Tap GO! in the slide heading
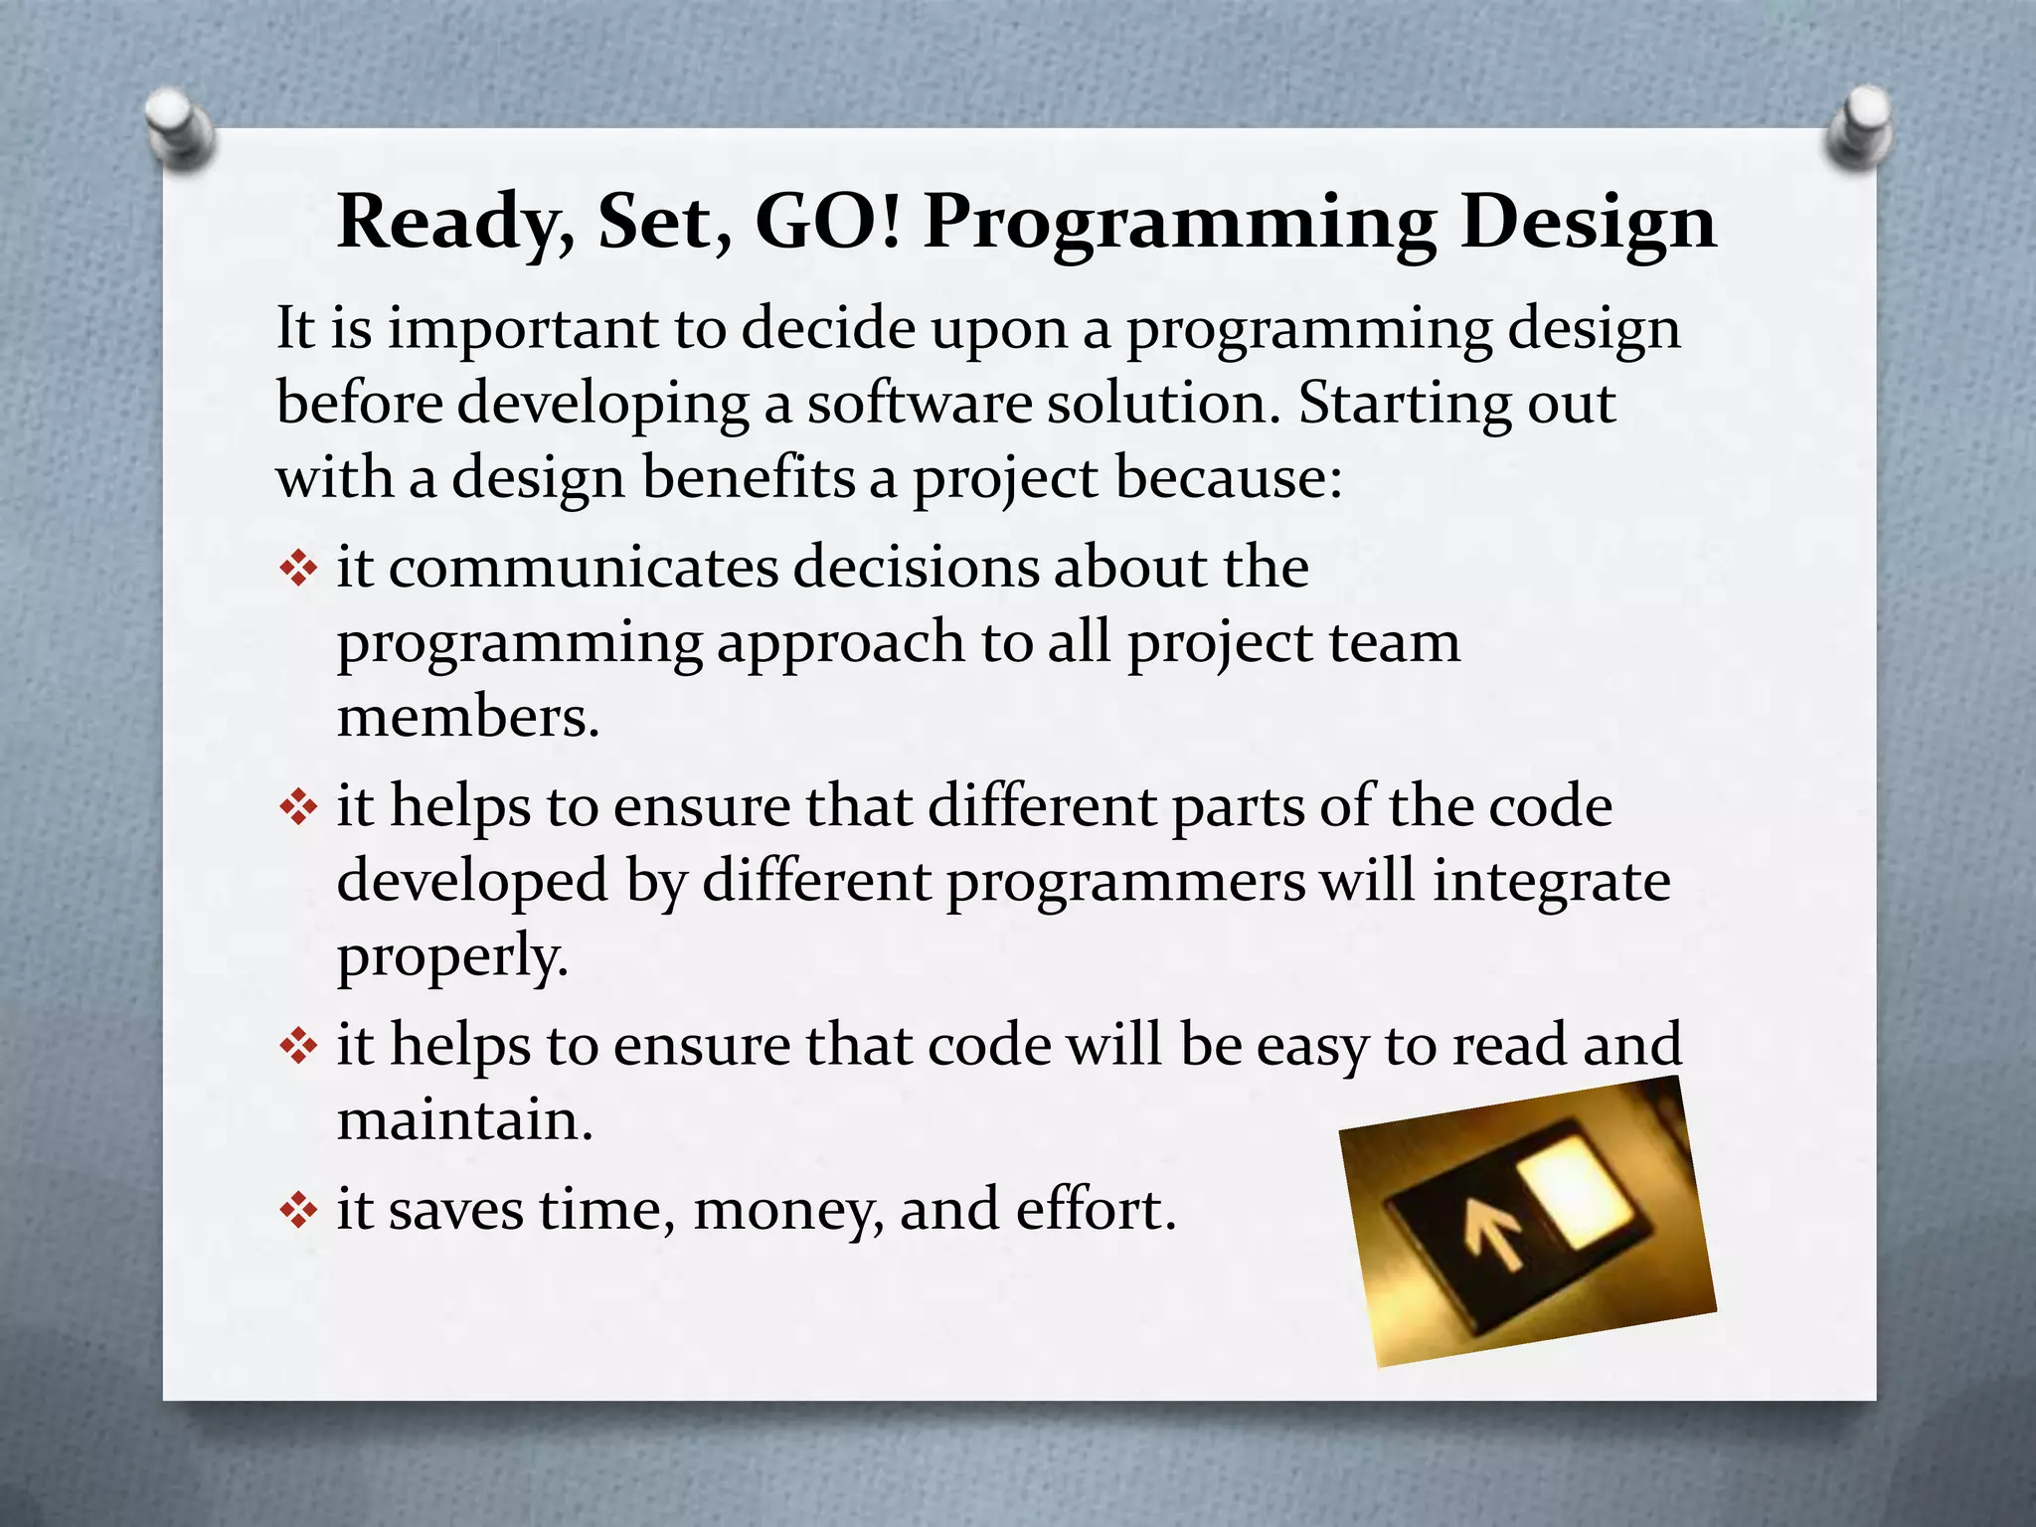pos(828,221)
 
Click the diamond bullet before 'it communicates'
pos(297,570)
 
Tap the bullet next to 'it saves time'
pos(297,1211)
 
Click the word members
pos(468,717)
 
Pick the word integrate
pos(1550,883)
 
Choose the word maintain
pos(464,1120)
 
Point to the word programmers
pos(1125,883)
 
